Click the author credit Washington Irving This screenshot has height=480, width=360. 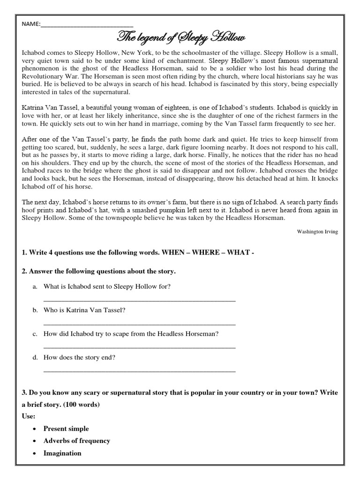(317, 232)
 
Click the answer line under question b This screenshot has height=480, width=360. (139, 324)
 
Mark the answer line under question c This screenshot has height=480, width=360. (139, 347)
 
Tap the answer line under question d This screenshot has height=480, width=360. (139, 371)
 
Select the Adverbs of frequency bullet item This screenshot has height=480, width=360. (77, 441)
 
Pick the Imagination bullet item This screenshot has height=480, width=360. (62, 453)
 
